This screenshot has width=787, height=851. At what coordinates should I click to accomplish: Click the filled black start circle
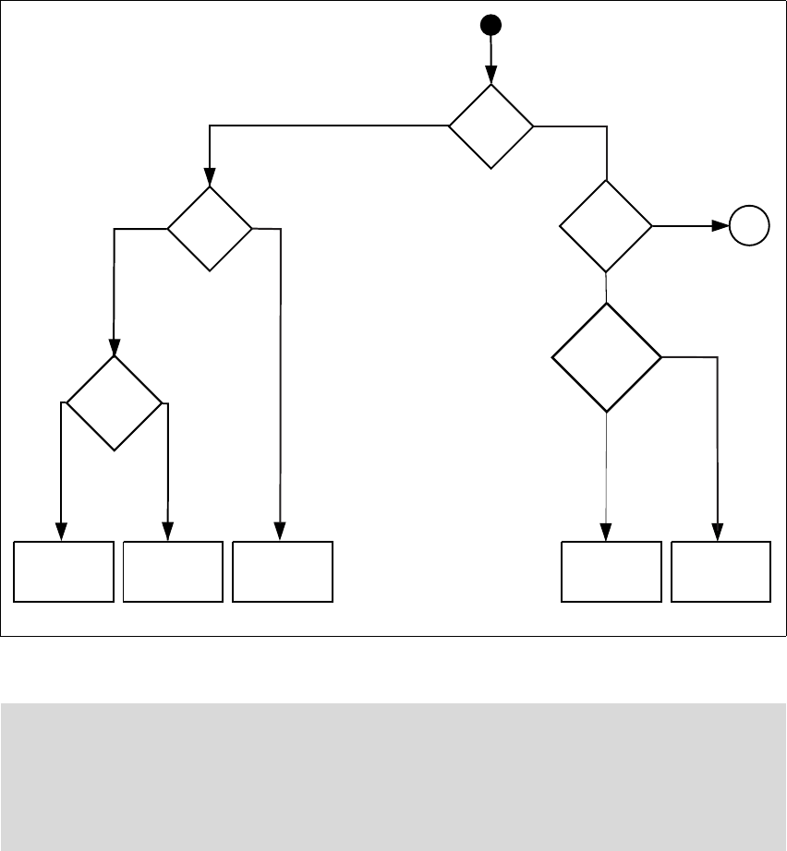tap(490, 25)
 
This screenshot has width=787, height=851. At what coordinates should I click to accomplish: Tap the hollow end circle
tap(748, 226)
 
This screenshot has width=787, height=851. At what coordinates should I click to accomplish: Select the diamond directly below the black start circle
tap(490, 126)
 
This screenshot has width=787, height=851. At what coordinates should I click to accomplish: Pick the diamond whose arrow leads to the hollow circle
tap(606, 226)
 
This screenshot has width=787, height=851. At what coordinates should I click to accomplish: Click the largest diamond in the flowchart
tap(606, 356)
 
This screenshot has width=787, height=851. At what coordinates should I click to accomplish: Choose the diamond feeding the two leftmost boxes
tap(114, 403)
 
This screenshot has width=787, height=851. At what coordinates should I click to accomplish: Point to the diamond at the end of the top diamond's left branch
tap(210, 228)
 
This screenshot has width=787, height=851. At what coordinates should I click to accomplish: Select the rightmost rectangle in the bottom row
tap(720, 572)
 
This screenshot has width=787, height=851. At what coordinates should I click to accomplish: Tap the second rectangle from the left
tap(173, 572)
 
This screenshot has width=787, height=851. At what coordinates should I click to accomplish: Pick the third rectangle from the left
tap(283, 572)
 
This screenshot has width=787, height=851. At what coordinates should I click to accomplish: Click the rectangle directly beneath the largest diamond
tap(611, 572)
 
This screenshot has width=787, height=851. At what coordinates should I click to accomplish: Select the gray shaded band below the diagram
tap(393, 776)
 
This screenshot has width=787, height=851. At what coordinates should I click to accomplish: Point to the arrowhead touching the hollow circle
tap(720, 226)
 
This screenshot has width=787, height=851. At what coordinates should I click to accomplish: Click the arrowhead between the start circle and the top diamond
tap(490, 75)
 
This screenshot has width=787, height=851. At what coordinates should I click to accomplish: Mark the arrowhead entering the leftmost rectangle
tap(61, 533)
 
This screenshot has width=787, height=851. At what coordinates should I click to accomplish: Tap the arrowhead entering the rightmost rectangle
tap(718, 533)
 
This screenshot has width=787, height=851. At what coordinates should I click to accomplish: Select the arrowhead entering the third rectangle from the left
tap(279, 533)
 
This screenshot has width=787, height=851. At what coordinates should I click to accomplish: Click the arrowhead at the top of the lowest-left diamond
tap(114, 350)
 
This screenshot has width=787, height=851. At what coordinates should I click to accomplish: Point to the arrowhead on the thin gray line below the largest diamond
tap(606, 533)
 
